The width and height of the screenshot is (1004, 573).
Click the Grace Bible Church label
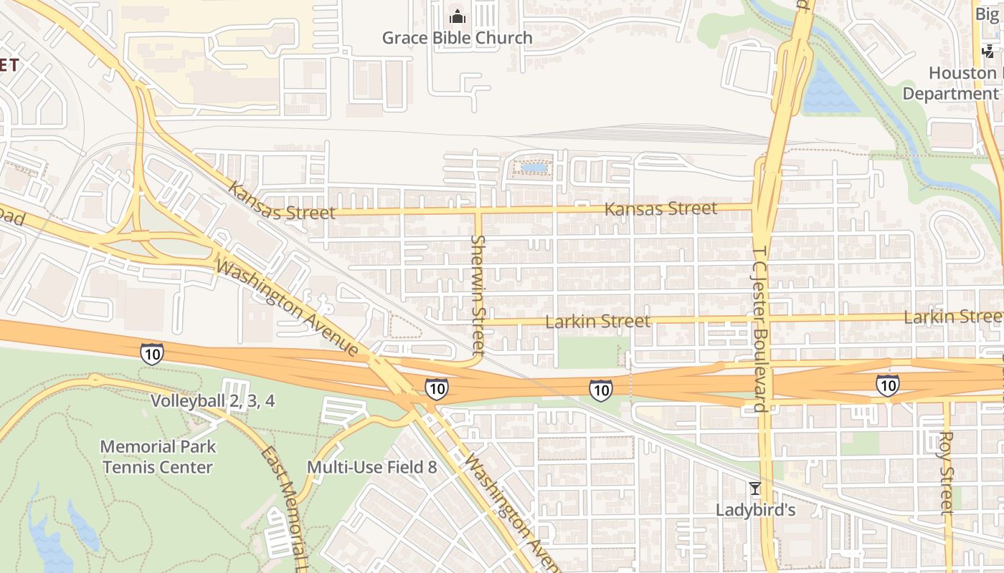(x=457, y=38)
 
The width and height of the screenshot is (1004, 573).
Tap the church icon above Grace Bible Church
(x=457, y=16)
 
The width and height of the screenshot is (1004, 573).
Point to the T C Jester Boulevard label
(x=760, y=329)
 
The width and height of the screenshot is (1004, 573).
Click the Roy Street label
(x=947, y=472)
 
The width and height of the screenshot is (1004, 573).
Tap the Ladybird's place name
(x=755, y=510)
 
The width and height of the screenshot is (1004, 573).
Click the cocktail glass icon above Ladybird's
(x=754, y=488)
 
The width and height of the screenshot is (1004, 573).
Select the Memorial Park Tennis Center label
(x=157, y=457)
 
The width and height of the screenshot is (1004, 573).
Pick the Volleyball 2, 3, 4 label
(x=212, y=400)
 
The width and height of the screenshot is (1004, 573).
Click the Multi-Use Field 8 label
(x=371, y=468)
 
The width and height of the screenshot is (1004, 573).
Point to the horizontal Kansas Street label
(x=660, y=208)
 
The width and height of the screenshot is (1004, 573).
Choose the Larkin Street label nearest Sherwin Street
(x=597, y=322)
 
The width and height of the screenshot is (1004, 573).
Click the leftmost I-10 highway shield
(x=151, y=353)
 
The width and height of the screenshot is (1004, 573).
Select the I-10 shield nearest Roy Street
(x=888, y=386)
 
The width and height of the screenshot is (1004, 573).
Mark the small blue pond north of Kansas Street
(x=534, y=168)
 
